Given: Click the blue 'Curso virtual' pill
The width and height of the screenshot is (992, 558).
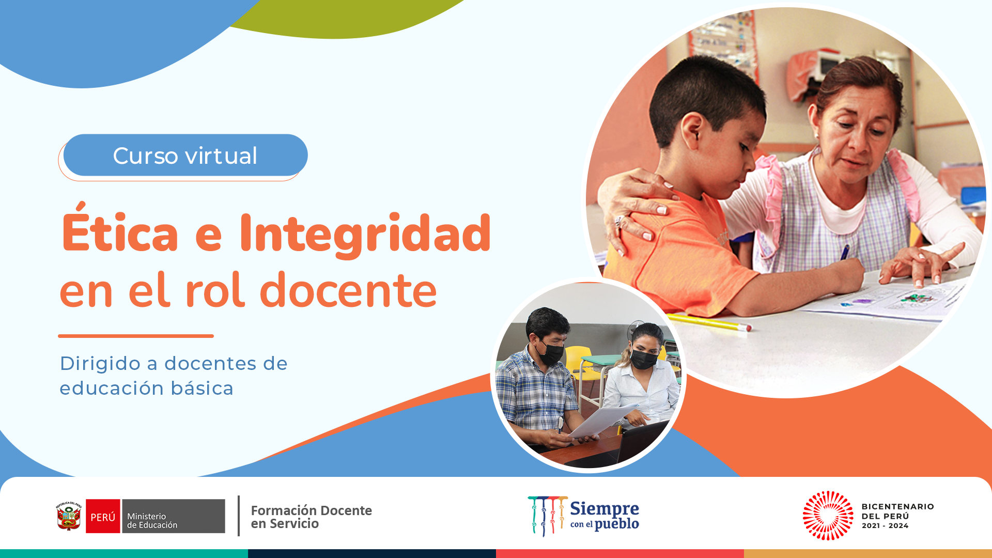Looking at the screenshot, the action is [x=185, y=155].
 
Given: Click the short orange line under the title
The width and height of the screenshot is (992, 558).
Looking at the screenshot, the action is [x=136, y=336].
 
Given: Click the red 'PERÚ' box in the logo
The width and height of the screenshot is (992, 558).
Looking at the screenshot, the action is [x=103, y=516].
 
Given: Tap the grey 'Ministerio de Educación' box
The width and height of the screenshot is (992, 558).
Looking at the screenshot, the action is [x=173, y=516].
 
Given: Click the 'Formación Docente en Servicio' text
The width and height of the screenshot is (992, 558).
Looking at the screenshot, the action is [x=311, y=517].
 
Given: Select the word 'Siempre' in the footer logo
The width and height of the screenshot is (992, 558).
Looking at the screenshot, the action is [x=605, y=509].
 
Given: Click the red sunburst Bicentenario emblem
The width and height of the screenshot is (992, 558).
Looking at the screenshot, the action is [x=828, y=516].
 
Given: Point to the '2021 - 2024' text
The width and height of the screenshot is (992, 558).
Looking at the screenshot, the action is [x=885, y=526].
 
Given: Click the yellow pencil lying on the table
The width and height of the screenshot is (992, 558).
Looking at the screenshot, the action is [x=708, y=321].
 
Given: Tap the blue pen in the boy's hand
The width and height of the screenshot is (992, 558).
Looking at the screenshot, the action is [x=845, y=252].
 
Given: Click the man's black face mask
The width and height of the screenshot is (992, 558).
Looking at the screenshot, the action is [x=551, y=354].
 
